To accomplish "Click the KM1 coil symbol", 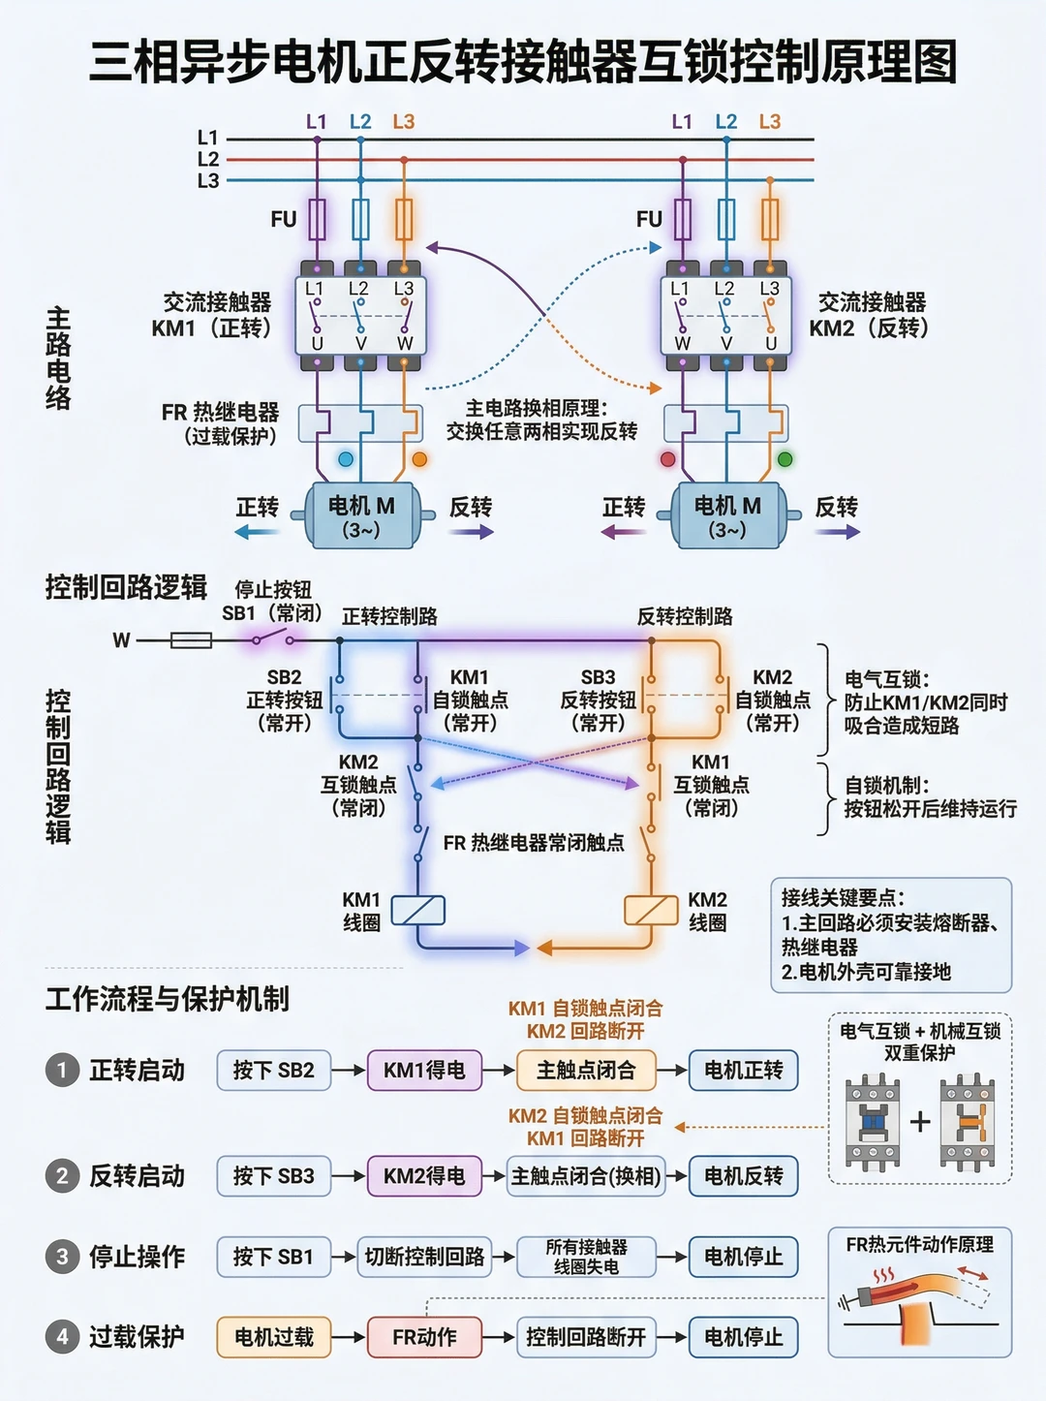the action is [417, 910].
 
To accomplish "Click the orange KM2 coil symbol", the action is [651, 910].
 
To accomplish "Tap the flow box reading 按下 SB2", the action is [274, 1071].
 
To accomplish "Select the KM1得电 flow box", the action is [424, 1071].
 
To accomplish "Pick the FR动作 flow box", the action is [424, 1336].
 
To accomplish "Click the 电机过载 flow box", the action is [274, 1336].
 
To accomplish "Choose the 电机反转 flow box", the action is [743, 1175].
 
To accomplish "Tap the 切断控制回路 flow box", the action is [424, 1257].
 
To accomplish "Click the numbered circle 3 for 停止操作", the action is [62, 1257].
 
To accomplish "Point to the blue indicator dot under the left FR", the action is [346, 459].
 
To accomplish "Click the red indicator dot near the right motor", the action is [667, 459].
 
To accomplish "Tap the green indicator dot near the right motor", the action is [785, 459].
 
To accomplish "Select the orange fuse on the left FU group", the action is [404, 219].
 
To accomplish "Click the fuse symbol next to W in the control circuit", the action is [192, 639].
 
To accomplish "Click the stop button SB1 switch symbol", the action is [273, 637].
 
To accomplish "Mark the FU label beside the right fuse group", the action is [649, 219].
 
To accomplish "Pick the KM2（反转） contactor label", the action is [869, 328].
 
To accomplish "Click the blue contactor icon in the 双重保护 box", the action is [872, 1122].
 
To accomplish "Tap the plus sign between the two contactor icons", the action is [920, 1121].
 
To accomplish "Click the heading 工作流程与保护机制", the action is [168, 999].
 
